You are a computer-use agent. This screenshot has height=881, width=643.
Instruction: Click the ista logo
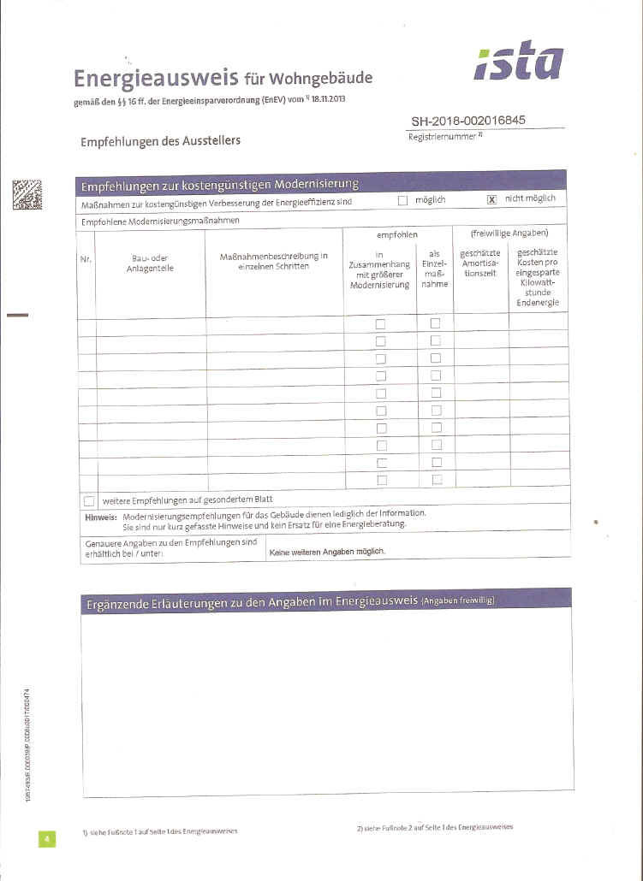pos(519,62)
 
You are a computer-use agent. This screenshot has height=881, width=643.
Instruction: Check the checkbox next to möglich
pos(402,200)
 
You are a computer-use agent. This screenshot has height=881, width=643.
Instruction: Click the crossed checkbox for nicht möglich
pos(491,199)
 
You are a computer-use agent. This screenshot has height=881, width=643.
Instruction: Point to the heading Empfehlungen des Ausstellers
pos(160,140)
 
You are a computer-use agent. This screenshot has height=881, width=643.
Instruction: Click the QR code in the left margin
pos(27,195)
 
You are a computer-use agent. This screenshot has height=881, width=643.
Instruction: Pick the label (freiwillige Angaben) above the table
pos(509,233)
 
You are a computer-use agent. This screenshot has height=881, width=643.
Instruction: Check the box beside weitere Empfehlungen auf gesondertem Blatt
pos(89,500)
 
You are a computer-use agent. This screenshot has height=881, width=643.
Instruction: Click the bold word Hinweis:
pos(101,515)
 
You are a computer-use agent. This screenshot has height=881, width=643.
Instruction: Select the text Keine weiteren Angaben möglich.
pos(327,552)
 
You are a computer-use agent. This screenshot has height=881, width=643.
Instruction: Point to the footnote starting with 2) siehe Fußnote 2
pos(434,828)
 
